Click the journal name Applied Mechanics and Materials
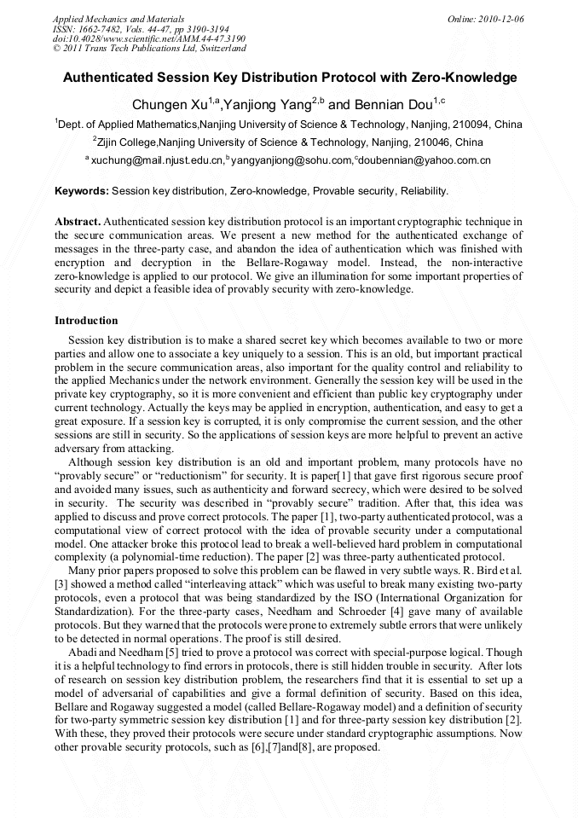(x=118, y=18)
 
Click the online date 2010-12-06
(x=501, y=18)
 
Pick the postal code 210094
(x=473, y=125)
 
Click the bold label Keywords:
(x=82, y=191)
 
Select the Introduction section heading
(x=86, y=321)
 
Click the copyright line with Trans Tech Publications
(x=149, y=49)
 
